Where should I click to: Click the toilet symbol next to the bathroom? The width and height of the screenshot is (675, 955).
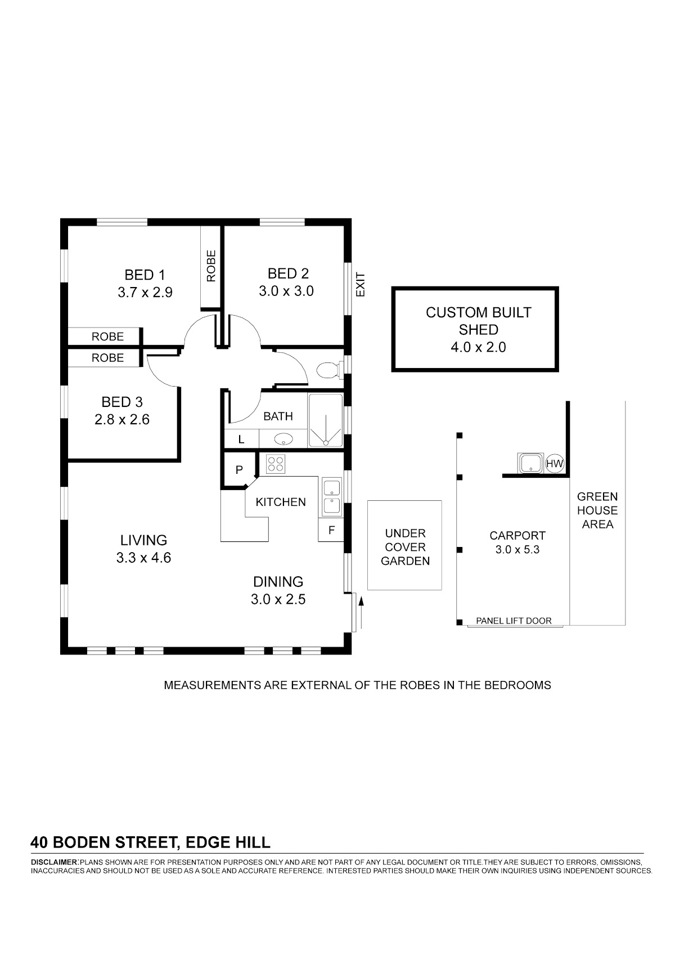click(329, 370)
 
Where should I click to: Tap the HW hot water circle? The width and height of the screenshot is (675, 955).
click(555, 463)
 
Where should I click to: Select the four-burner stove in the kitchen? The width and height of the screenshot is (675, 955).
click(275, 464)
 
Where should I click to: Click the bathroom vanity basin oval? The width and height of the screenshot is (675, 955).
click(283, 439)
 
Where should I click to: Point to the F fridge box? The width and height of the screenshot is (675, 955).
click(331, 530)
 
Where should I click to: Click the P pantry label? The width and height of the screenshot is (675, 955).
click(240, 469)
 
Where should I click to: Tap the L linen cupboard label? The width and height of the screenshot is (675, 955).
click(241, 439)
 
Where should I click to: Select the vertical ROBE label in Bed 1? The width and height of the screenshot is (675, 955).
click(211, 266)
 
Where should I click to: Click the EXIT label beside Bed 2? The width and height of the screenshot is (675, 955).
click(361, 285)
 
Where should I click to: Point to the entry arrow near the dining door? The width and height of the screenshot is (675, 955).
click(361, 613)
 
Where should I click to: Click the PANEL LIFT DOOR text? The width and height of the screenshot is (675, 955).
click(514, 621)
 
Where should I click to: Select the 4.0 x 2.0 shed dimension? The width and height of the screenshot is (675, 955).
click(478, 347)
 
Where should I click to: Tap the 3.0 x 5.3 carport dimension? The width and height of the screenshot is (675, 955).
click(517, 550)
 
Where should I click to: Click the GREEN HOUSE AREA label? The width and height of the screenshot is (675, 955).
click(597, 510)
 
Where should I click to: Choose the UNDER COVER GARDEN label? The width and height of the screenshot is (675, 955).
click(405, 547)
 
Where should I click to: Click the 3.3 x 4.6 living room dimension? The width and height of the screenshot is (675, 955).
click(143, 558)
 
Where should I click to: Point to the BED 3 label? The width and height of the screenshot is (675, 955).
click(122, 402)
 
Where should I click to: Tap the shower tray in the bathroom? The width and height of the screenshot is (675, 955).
click(326, 420)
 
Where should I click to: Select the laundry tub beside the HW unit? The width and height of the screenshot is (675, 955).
click(530, 463)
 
